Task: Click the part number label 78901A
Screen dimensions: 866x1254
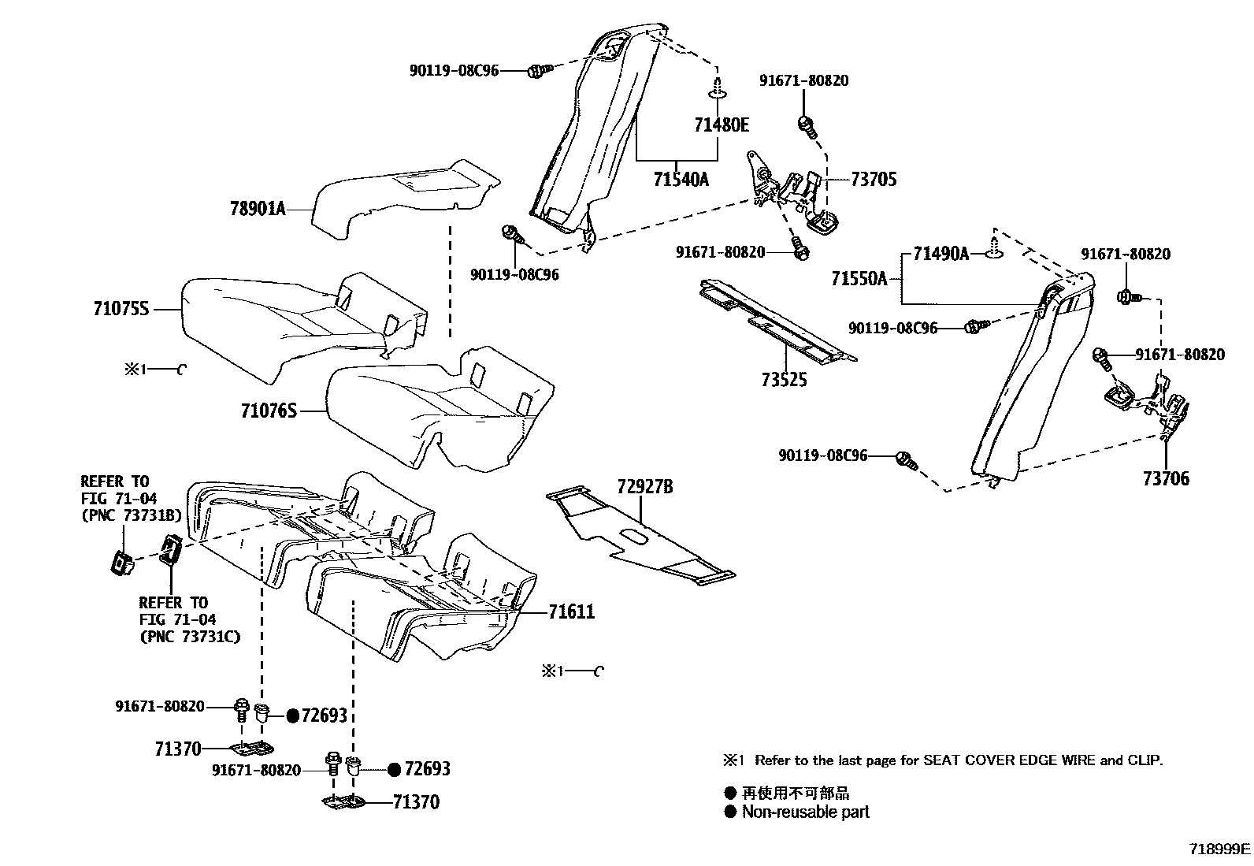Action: click(258, 209)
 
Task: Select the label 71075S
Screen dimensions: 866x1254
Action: click(121, 310)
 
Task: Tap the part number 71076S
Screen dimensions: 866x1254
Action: click(269, 410)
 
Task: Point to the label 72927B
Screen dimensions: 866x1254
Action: click(645, 486)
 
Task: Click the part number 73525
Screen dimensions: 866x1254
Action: click(784, 380)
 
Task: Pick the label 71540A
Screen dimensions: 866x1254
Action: click(681, 180)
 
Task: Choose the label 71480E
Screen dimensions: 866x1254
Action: click(722, 124)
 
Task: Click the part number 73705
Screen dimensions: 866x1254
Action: click(874, 179)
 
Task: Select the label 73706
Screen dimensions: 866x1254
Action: click(1166, 478)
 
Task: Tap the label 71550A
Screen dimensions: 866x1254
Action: click(859, 278)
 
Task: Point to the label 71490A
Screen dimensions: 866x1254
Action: click(941, 254)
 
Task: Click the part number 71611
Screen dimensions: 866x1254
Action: click(571, 611)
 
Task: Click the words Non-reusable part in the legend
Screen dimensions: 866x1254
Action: click(805, 812)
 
